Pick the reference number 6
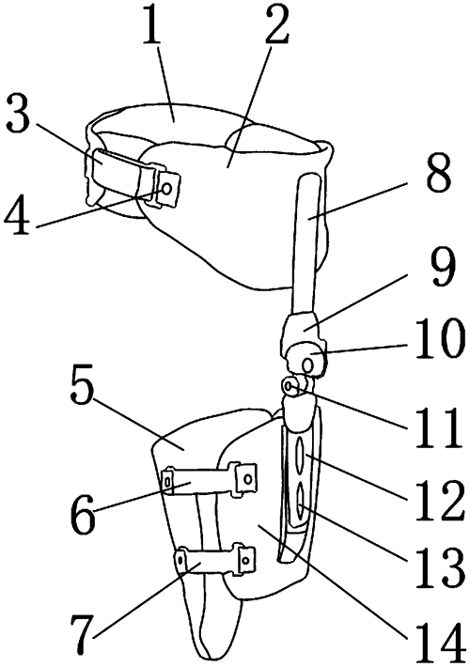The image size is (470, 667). pos(84,514)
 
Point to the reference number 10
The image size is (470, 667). pos(438,339)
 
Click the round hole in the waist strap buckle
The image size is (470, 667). pos(167,188)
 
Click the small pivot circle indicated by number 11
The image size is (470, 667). pos(289,386)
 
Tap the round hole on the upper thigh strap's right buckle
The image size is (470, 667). pos(247,478)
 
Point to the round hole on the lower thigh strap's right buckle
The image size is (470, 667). pos(245,560)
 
